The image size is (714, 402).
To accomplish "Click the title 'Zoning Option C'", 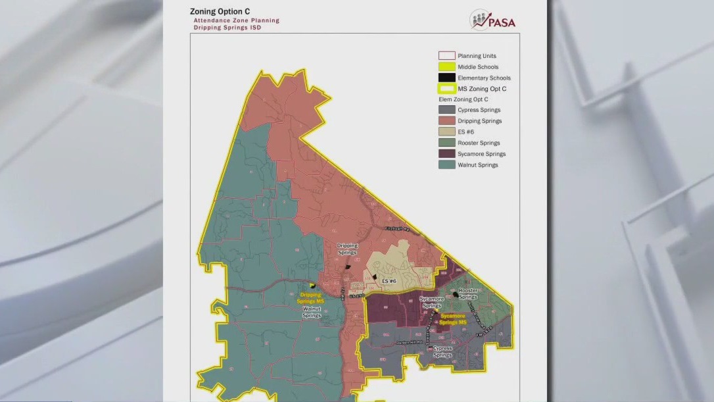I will [x=220, y=11].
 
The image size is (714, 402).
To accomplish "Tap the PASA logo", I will [x=493, y=20].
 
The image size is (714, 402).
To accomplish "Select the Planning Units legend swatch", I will [x=446, y=56].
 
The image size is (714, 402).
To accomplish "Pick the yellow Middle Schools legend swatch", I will [x=446, y=66].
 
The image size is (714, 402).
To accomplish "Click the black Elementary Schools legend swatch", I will [x=446, y=78].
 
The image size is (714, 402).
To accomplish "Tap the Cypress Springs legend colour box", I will [x=446, y=110].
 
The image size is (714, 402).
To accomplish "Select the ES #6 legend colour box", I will [x=446, y=132].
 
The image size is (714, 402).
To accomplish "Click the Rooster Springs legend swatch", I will [x=446, y=143].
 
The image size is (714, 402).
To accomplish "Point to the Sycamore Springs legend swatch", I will [x=446, y=154].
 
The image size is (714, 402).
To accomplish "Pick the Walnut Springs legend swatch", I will [x=446, y=164].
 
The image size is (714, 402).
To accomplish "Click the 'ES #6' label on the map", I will [x=389, y=281].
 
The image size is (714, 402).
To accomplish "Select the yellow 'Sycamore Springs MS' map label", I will [x=453, y=318].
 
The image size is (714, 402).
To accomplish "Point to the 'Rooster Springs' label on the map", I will [x=468, y=293].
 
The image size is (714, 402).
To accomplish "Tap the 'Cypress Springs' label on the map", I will [x=442, y=351].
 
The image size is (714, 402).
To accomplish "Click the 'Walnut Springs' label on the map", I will [x=311, y=312].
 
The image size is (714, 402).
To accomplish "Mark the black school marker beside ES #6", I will [x=375, y=278].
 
